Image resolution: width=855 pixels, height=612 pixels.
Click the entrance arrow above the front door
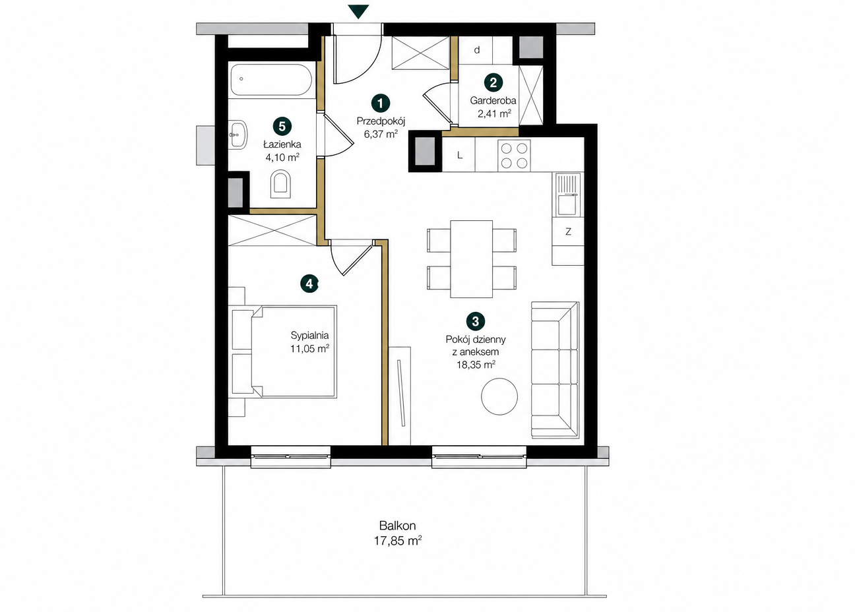[x=359, y=11]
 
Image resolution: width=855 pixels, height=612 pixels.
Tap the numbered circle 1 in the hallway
[x=380, y=103]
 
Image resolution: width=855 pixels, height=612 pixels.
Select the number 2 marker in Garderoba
[x=493, y=82]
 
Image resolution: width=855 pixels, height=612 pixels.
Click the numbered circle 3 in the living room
[x=476, y=321]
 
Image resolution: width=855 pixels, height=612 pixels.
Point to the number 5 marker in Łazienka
[x=282, y=127]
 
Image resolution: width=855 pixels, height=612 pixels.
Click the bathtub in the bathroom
[x=271, y=79]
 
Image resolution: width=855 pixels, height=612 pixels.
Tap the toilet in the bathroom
[x=280, y=185]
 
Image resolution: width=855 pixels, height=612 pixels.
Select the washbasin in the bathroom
[x=238, y=135]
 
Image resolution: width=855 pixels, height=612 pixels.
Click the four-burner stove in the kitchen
[x=514, y=156]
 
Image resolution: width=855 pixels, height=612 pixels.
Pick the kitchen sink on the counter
[x=567, y=195]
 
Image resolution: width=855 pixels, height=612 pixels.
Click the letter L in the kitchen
[x=460, y=155]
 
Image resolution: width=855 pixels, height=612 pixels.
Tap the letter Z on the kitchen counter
[x=568, y=231]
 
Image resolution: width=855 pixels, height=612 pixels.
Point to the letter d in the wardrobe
[x=477, y=50]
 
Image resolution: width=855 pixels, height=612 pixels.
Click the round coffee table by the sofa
[x=499, y=396]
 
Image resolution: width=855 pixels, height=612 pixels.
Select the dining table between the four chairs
[x=472, y=259]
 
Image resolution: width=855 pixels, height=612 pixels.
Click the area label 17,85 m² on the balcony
[x=398, y=541]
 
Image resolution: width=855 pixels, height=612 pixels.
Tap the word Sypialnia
[x=309, y=336]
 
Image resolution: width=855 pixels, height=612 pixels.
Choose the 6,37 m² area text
[x=381, y=134]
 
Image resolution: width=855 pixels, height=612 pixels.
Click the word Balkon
[x=397, y=526]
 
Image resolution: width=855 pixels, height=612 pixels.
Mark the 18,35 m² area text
[x=476, y=365]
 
